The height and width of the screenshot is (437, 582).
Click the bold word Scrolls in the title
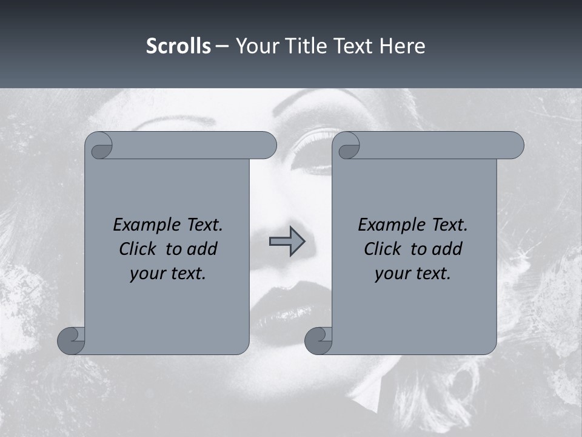tap(178, 46)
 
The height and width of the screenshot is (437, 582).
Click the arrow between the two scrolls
tap(287, 242)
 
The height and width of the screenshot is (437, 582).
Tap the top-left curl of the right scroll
tap(349, 146)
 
